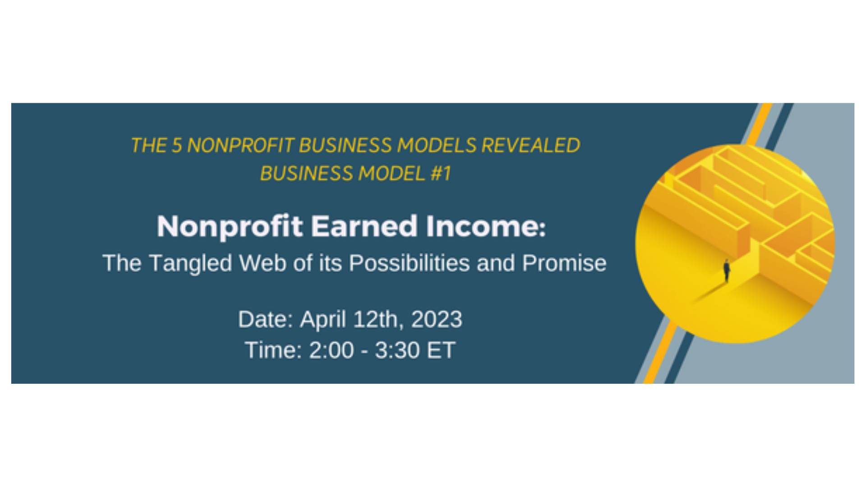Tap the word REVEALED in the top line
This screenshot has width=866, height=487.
coord(530,146)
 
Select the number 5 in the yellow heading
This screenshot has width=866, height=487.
coord(176,146)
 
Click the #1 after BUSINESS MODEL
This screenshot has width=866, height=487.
coord(441,174)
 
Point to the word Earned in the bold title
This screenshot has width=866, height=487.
coord(364,226)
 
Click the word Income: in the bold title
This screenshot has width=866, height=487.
coord(486,226)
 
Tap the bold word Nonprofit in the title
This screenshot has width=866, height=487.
coord(230,227)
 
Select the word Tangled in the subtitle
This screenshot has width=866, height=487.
coord(190,263)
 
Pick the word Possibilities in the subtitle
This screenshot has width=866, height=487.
coord(409,263)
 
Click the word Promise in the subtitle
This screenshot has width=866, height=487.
coord(564,263)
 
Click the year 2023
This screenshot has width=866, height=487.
coord(437,320)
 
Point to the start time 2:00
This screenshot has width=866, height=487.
coord(332,350)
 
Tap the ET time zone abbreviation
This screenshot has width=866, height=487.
coord(441,350)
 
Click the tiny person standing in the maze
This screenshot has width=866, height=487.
coord(727,270)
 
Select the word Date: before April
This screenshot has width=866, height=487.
coord(266,320)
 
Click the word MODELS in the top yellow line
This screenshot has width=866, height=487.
coord(437,146)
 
